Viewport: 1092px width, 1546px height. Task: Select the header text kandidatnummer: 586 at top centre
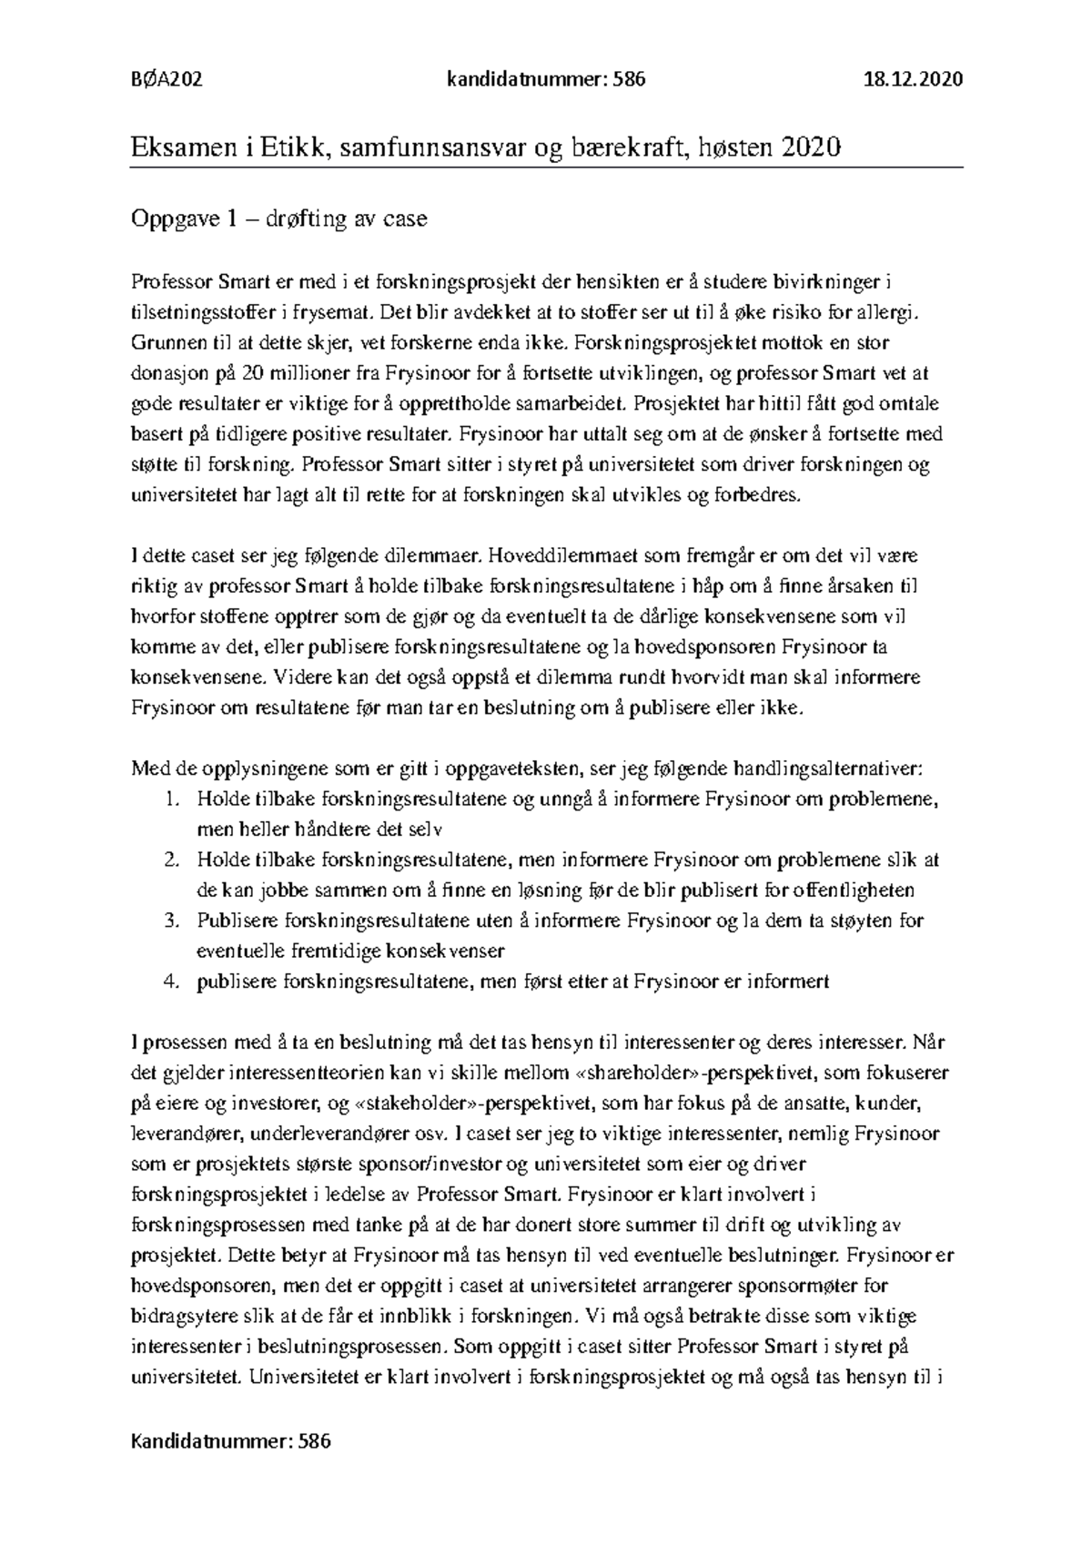(546, 79)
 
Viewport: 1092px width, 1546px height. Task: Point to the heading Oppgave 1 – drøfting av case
(279, 219)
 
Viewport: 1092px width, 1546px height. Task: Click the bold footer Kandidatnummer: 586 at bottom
(231, 1441)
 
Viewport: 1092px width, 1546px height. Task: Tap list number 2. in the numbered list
(173, 859)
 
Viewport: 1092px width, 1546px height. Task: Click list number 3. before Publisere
(173, 920)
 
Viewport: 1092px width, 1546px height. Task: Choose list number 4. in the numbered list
(173, 982)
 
